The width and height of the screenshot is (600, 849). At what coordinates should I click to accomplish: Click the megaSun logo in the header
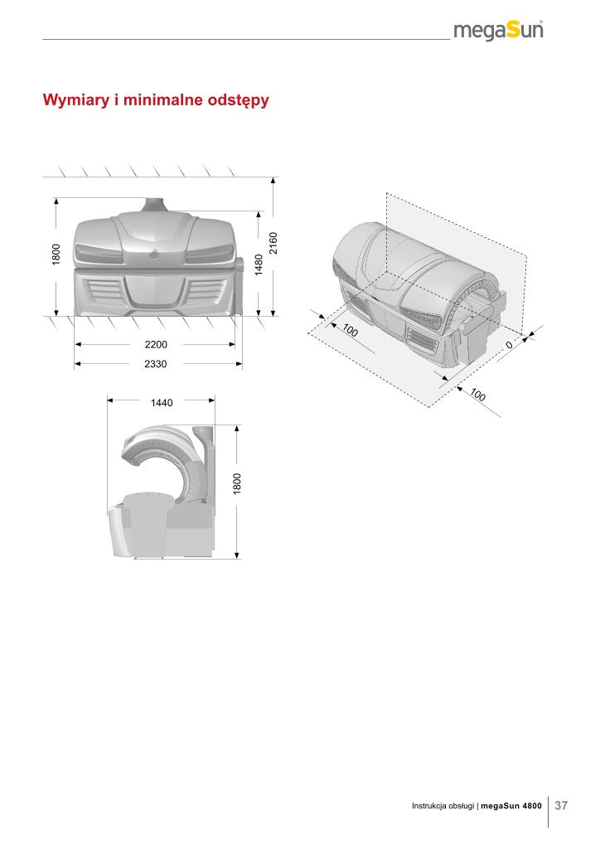498,31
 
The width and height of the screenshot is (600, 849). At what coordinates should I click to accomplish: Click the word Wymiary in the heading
76,100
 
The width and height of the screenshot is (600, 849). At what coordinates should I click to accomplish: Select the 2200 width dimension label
156,344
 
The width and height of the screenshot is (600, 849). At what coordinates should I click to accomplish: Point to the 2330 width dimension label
155,364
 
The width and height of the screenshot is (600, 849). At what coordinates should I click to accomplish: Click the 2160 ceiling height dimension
273,243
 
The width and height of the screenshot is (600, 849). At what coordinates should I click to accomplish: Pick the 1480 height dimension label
259,264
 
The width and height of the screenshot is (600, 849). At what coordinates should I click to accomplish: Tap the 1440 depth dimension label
162,403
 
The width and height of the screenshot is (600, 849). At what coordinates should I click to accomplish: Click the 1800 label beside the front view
56,255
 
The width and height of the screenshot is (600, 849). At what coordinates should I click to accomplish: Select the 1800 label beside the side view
237,483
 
